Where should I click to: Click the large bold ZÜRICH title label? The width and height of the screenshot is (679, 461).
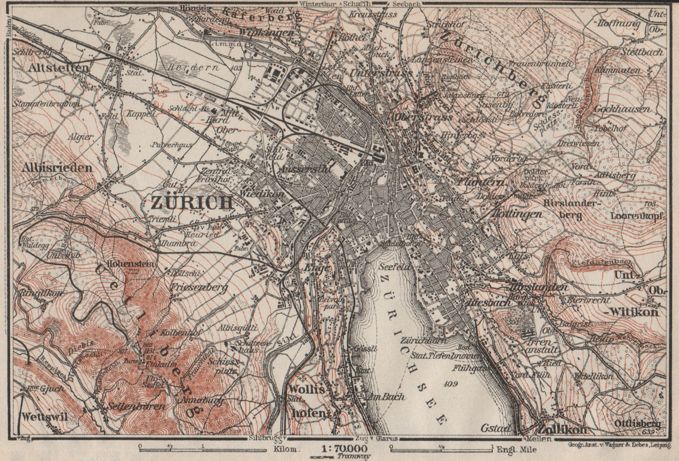[x=192, y=202]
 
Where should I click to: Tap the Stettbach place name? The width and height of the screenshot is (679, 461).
[x=640, y=53]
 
